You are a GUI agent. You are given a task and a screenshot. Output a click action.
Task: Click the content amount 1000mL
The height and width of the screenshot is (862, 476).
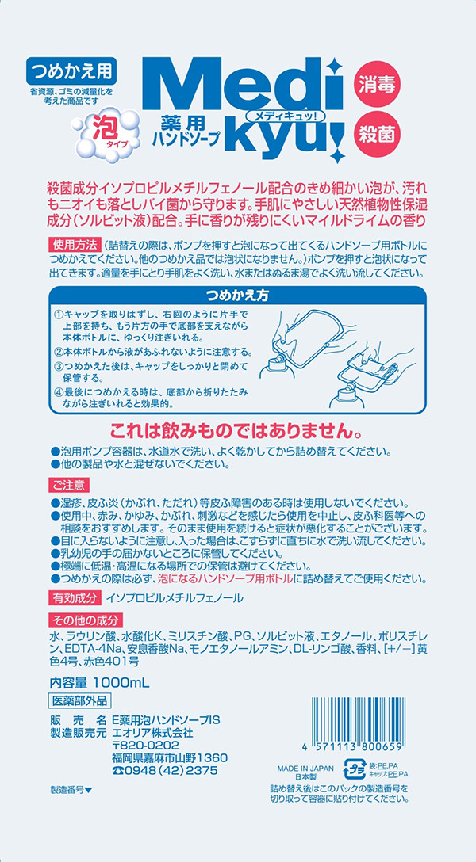(x=121, y=683)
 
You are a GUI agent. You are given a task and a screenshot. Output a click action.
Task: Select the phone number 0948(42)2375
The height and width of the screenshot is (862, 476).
(x=170, y=769)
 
